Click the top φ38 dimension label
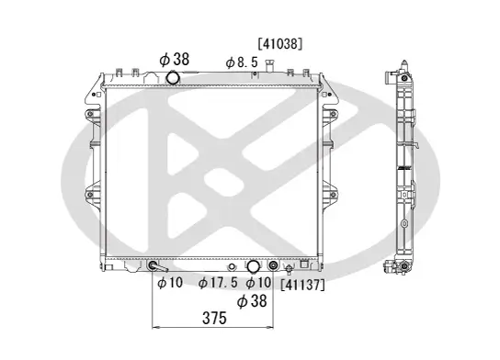tap(174, 58)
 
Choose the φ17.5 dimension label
tap(219, 283)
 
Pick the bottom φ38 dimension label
tap(253, 300)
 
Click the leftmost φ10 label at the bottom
tap(170, 283)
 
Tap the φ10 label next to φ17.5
tap(259, 283)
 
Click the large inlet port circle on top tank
tap(175, 77)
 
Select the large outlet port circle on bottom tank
tap(253, 267)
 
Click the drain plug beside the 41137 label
tap(290, 270)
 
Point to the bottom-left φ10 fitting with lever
tap(154, 268)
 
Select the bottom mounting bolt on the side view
tap(403, 267)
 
